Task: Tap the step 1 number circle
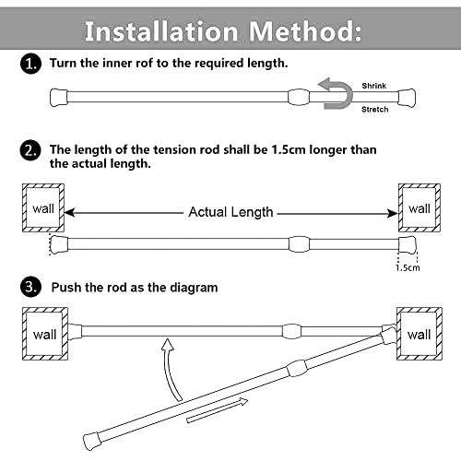coord(30,65)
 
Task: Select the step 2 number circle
coord(30,149)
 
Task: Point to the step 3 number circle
coord(30,287)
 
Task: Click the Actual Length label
coord(230,212)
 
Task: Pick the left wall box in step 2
coord(43,208)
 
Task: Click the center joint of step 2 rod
coord(301,244)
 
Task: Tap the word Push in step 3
coord(68,287)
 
